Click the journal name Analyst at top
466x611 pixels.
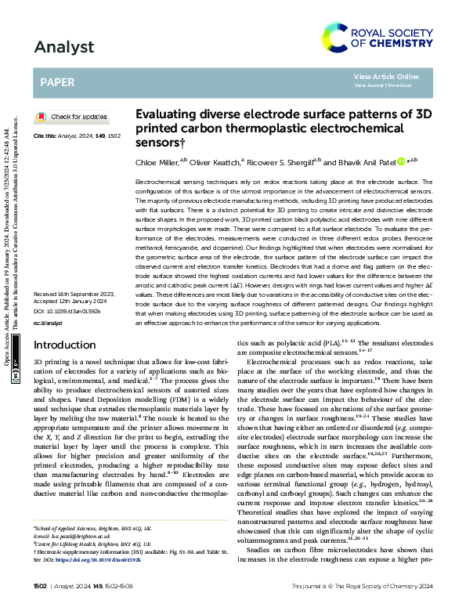pos(58,47)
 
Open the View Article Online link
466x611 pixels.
pos(386,76)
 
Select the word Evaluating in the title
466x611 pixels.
pos(165,114)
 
